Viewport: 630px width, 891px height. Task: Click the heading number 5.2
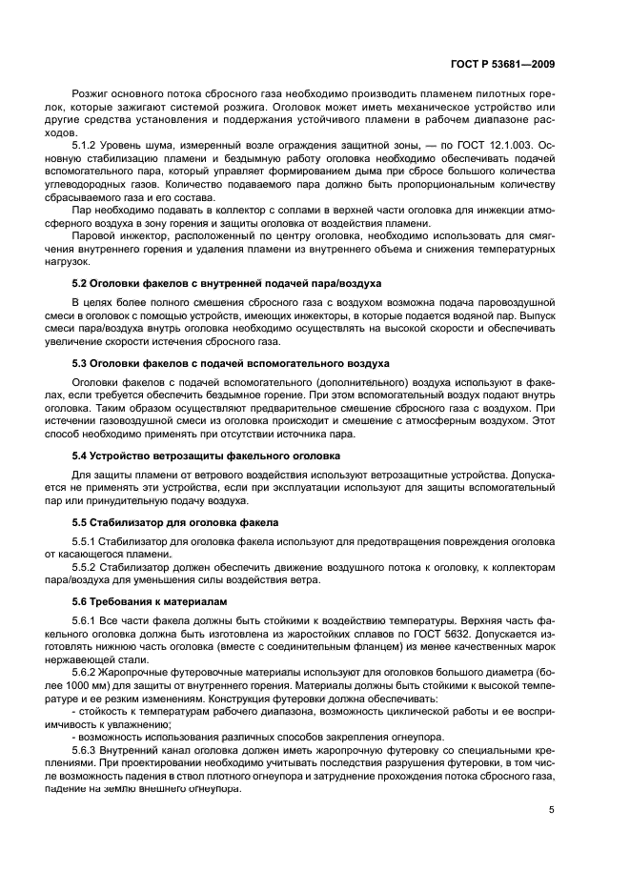pos(81,284)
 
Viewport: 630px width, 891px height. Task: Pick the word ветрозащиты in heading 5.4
pos(175,456)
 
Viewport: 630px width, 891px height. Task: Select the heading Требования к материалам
pos(160,603)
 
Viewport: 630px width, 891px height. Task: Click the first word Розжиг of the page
pos(91,98)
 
